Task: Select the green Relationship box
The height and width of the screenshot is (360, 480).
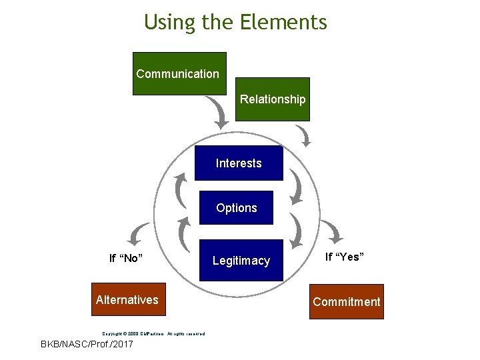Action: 273,99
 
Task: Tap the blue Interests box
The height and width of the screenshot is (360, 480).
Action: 239,163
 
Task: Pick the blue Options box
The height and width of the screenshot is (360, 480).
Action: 236,208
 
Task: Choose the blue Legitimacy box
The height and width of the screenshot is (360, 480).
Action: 241,261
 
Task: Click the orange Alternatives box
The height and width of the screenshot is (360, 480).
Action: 127,300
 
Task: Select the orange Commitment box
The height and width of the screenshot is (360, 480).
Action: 347,302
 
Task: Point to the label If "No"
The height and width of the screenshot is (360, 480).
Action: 127,258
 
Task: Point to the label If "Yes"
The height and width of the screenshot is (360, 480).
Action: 344,257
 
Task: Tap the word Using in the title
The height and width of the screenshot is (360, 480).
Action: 169,23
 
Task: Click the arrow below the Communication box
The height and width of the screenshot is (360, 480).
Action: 218,111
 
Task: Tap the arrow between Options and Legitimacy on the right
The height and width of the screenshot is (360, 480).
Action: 296,231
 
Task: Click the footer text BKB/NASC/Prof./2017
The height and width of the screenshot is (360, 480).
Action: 87,345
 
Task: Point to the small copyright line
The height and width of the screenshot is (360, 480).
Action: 153,333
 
